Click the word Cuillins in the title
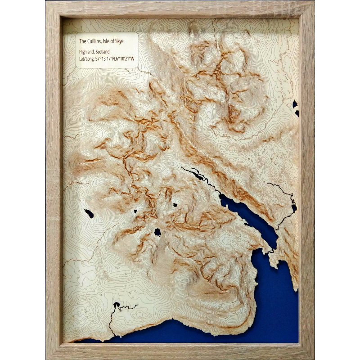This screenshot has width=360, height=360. tap(96, 41)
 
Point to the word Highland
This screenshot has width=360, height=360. tap(87, 51)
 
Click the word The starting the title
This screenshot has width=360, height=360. tap(82, 41)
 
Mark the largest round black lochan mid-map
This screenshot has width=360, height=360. tap(157, 232)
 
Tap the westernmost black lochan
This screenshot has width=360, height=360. tap(89, 213)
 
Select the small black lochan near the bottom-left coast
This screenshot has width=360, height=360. tap(117, 306)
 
